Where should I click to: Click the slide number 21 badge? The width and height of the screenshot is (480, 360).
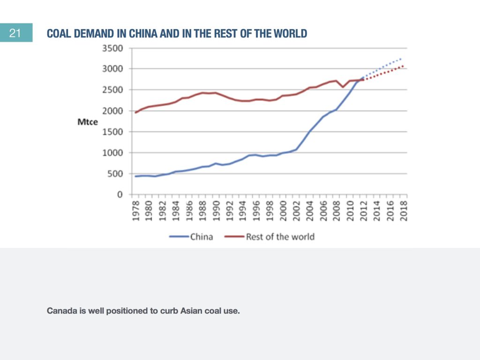pyautogui.click(x=15, y=34)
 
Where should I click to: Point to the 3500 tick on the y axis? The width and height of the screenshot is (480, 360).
pyautogui.click(x=113, y=48)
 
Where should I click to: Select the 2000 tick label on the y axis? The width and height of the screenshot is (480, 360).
pyautogui.click(x=113, y=111)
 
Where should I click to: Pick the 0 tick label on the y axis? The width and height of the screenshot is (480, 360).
pyautogui.click(x=120, y=195)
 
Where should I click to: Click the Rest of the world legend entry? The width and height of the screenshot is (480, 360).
pyautogui.click(x=280, y=237)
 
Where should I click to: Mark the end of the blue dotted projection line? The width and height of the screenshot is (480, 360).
pyautogui.click(x=402, y=59)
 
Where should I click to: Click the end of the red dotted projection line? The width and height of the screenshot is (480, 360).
pyautogui.click(x=403, y=66)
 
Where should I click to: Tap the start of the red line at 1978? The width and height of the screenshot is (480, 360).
pyautogui.click(x=135, y=112)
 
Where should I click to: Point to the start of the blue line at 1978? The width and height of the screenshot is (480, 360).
pyautogui.click(x=135, y=176)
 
